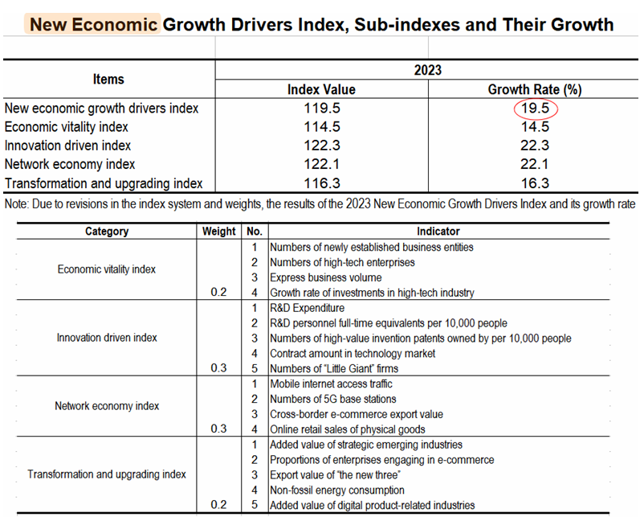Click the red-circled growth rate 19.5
[535, 108]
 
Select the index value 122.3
[321, 146]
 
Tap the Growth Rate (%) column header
[534, 89]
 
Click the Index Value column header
[321, 89]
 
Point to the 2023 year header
[428, 71]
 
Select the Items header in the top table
[108, 79]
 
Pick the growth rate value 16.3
[534, 183]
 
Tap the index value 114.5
[321, 127]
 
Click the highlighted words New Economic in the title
[93, 24]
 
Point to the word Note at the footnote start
[17, 203]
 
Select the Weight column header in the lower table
[219, 232]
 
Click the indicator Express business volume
[325, 277]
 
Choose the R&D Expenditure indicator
[308, 308]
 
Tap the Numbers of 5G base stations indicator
[333, 399]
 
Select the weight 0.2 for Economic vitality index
[219, 293]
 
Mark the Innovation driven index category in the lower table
[107, 338]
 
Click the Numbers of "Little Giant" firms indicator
[334, 368]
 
